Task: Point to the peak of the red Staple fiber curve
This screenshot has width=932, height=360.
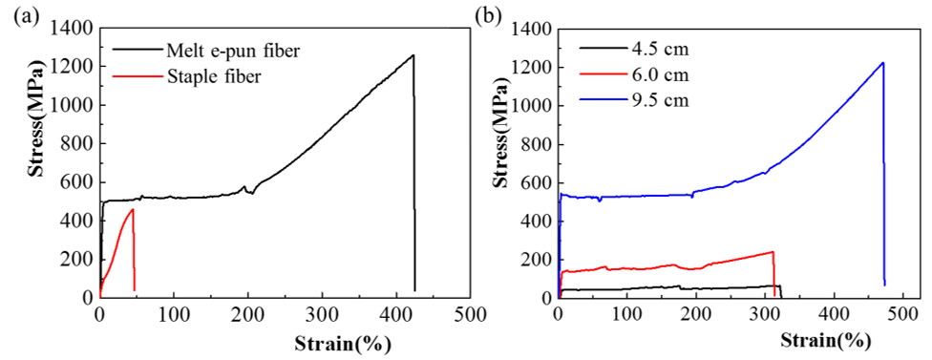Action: [133, 209]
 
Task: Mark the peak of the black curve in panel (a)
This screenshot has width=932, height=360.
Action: [413, 55]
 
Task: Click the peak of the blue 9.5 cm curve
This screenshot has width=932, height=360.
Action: [882, 63]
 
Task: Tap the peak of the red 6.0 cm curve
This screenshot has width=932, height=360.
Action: [773, 252]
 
